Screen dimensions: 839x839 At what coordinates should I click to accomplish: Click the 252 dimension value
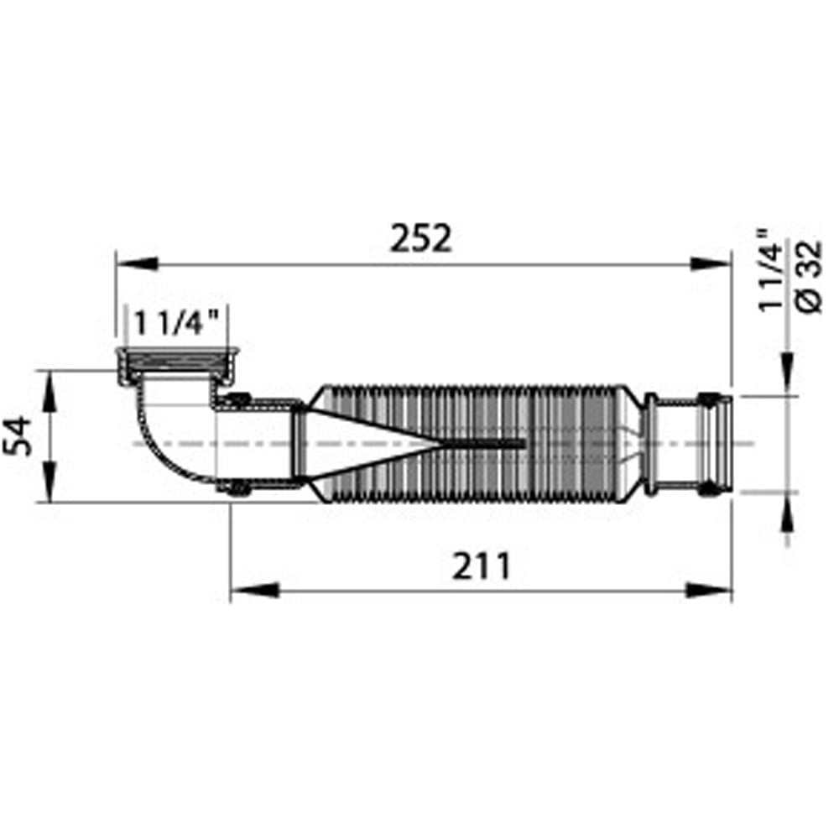point(420,238)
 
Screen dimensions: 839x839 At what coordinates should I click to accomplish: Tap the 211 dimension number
point(481,566)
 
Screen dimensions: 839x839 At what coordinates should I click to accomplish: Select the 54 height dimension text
point(18,436)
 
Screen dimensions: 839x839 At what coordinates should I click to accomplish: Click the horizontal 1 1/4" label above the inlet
point(176,324)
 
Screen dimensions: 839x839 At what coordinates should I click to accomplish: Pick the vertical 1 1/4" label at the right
point(770,269)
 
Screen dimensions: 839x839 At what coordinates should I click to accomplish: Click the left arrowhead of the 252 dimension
point(138,263)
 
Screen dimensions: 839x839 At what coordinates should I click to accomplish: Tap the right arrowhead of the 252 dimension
point(710,263)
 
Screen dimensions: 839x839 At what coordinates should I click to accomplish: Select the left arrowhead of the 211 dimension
point(255,591)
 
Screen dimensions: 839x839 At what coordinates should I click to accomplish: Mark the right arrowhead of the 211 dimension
point(708,591)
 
